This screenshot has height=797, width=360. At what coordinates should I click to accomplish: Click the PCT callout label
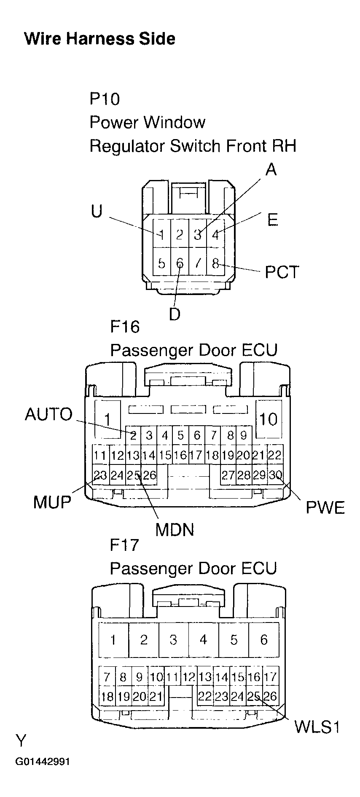tap(282, 272)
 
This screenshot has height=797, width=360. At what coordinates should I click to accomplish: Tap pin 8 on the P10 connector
tap(215, 263)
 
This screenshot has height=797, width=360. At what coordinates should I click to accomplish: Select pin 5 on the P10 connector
tap(161, 263)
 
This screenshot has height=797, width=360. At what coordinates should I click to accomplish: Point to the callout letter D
tap(175, 314)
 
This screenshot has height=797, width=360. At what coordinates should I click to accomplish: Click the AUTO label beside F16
tap(49, 414)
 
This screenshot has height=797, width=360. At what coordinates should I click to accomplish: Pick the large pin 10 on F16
tap(268, 419)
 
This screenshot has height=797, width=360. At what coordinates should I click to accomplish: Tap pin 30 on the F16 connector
tap(275, 475)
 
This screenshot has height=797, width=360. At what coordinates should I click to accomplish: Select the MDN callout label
tap(175, 529)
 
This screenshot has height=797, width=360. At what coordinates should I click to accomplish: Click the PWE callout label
tap(325, 507)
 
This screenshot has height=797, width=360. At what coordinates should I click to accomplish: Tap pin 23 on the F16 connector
tap(100, 475)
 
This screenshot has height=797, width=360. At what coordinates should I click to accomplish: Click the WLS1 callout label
tap(317, 727)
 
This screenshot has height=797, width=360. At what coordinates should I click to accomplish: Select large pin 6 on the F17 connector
tap(264, 640)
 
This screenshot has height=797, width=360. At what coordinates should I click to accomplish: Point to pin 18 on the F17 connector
tap(107, 696)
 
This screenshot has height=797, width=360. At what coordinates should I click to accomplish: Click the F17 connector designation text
tap(124, 545)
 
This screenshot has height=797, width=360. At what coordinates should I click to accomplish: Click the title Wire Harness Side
tap(100, 39)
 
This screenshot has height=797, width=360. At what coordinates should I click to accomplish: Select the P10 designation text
tap(105, 99)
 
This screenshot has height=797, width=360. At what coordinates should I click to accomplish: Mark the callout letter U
tap(97, 211)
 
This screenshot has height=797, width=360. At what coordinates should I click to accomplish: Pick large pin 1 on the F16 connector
tap(107, 419)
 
